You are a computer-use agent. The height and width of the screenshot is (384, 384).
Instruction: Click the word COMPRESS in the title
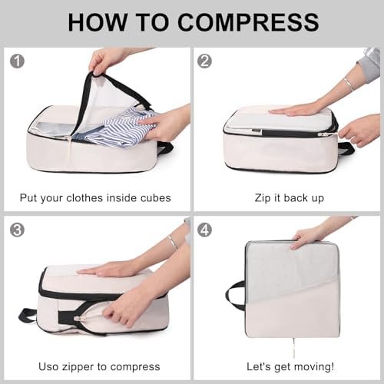(248, 22)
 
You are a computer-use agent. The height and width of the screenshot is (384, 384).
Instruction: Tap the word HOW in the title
(98, 22)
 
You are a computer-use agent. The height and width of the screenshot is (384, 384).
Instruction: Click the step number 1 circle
(17, 61)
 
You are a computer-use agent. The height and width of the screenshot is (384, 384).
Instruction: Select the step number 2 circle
(204, 61)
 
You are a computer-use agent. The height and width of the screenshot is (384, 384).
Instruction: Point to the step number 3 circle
(17, 230)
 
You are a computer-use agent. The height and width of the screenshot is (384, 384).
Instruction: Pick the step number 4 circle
(204, 230)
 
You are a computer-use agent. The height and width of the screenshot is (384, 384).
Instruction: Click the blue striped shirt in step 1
(121, 128)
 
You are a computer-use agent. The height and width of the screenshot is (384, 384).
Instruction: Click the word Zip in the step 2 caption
(263, 198)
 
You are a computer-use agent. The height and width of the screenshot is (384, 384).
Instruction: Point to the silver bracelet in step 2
(349, 84)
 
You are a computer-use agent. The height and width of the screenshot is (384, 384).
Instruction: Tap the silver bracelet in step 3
(174, 243)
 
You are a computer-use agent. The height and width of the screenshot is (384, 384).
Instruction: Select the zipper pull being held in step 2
(322, 134)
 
